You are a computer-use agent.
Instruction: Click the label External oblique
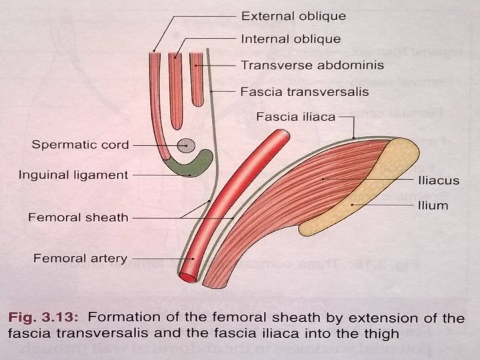click(293, 15)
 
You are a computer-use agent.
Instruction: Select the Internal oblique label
click(291, 39)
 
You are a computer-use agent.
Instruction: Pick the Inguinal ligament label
click(73, 175)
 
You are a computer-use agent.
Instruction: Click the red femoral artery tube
click(233, 200)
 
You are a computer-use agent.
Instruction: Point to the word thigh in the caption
click(377, 331)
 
